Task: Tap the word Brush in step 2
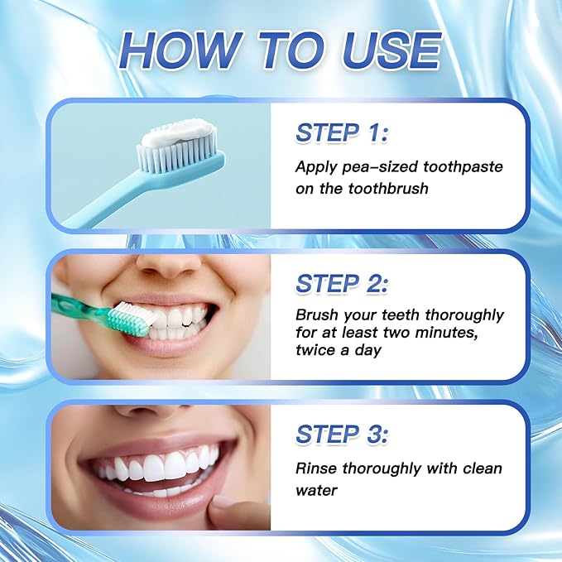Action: click(315, 315)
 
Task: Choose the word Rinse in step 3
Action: click(315, 468)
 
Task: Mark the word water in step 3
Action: click(315, 490)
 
